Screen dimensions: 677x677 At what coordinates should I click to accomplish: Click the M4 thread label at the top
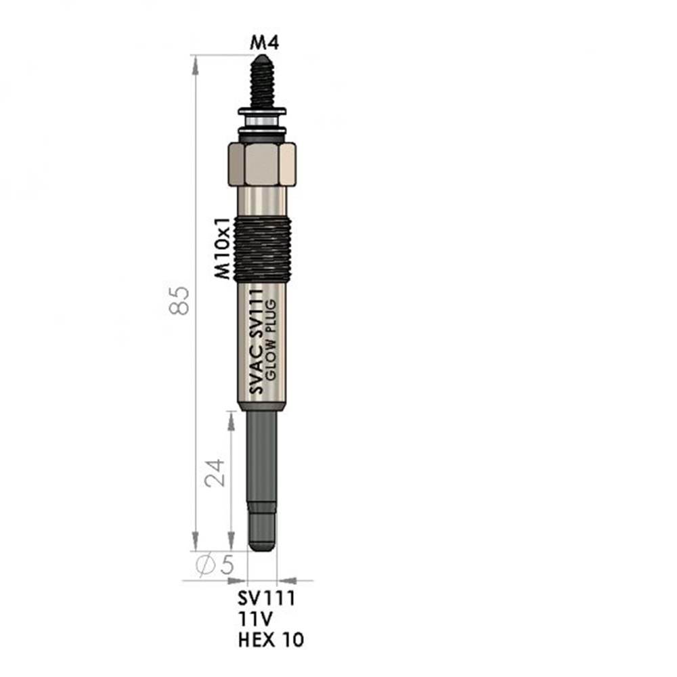(x=265, y=42)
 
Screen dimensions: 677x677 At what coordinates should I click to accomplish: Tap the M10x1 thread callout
(x=223, y=248)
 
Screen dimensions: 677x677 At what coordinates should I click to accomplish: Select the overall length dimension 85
(x=179, y=300)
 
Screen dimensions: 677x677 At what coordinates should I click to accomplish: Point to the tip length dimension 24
(x=215, y=473)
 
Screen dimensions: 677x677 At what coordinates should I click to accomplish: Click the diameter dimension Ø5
(x=215, y=565)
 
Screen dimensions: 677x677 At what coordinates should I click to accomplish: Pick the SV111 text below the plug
(x=266, y=598)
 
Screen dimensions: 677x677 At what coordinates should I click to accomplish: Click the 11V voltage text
(x=255, y=619)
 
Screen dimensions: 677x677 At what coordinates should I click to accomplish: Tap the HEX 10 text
(x=271, y=640)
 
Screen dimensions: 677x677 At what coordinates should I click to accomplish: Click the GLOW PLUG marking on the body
(x=271, y=340)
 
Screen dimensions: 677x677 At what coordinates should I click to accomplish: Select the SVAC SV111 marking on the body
(x=256, y=341)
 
